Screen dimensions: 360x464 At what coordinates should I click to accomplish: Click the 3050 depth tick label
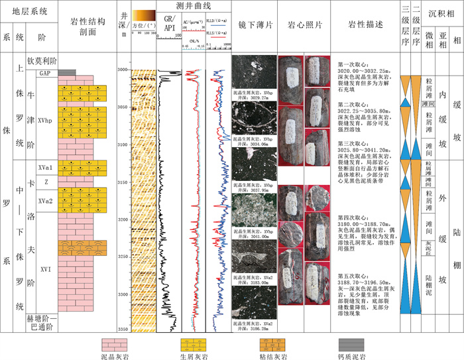[122, 107]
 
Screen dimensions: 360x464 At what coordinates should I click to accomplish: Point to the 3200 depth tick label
[122, 219]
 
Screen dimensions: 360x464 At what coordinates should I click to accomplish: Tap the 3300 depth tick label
[122, 294]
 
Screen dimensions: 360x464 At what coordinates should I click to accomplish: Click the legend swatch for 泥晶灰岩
[114, 343]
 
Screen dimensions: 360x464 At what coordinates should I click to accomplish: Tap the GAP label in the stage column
[44, 73]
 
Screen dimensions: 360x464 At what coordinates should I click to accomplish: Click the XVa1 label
[44, 168]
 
